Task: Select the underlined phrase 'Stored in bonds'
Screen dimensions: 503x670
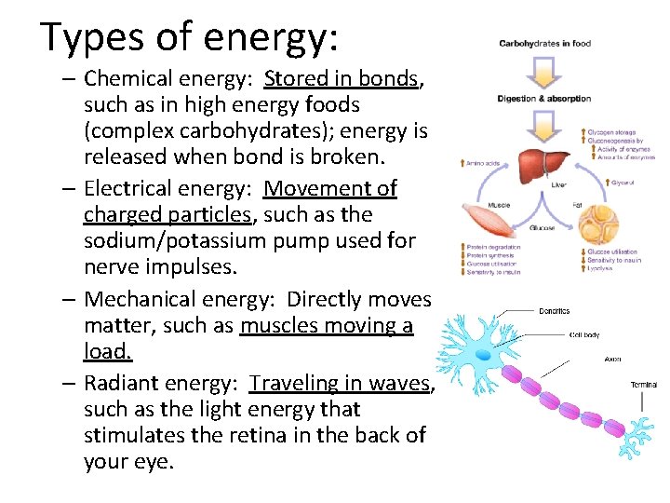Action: click(342, 78)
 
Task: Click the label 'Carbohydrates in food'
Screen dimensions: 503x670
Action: click(544, 44)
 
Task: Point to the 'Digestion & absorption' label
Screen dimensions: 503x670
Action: click(543, 98)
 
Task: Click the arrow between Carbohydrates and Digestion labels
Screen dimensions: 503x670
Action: click(543, 71)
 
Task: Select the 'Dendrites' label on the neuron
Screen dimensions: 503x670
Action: click(554, 311)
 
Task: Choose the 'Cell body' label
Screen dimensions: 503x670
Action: click(584, 335)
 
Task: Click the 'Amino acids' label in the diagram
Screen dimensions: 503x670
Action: click(481, 163)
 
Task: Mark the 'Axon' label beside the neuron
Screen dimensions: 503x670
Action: click(611, 359)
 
